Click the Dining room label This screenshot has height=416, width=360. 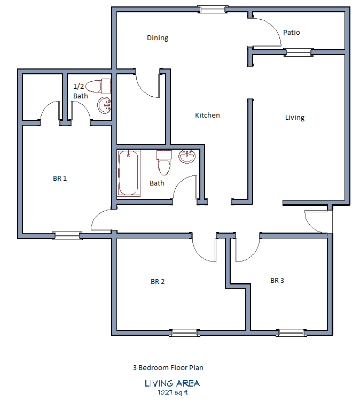coord(158,38)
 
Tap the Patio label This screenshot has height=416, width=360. coord(292,33)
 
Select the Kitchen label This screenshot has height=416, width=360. coord(207,115)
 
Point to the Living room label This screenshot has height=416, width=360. coord(294,118)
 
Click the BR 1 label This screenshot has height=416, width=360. coord(60,179)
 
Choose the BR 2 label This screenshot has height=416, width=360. coord(158,282)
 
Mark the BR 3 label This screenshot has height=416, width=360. coord(277,281)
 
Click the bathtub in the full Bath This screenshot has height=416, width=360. coord(129,173)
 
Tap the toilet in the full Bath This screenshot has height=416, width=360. coord(163,161)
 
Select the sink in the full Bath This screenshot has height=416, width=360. coord(186,157)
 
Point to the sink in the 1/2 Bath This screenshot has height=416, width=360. coord(104,105)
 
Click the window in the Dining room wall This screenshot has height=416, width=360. coord(212,9)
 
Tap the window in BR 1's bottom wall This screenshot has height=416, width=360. coord(67,235)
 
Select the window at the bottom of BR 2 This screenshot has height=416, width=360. coord(184,333)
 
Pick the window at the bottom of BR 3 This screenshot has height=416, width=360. coord(292,333)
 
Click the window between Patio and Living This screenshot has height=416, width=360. coord(299,52)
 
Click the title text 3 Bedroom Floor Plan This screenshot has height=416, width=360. coord(168,368)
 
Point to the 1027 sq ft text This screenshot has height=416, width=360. coord(173,393)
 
